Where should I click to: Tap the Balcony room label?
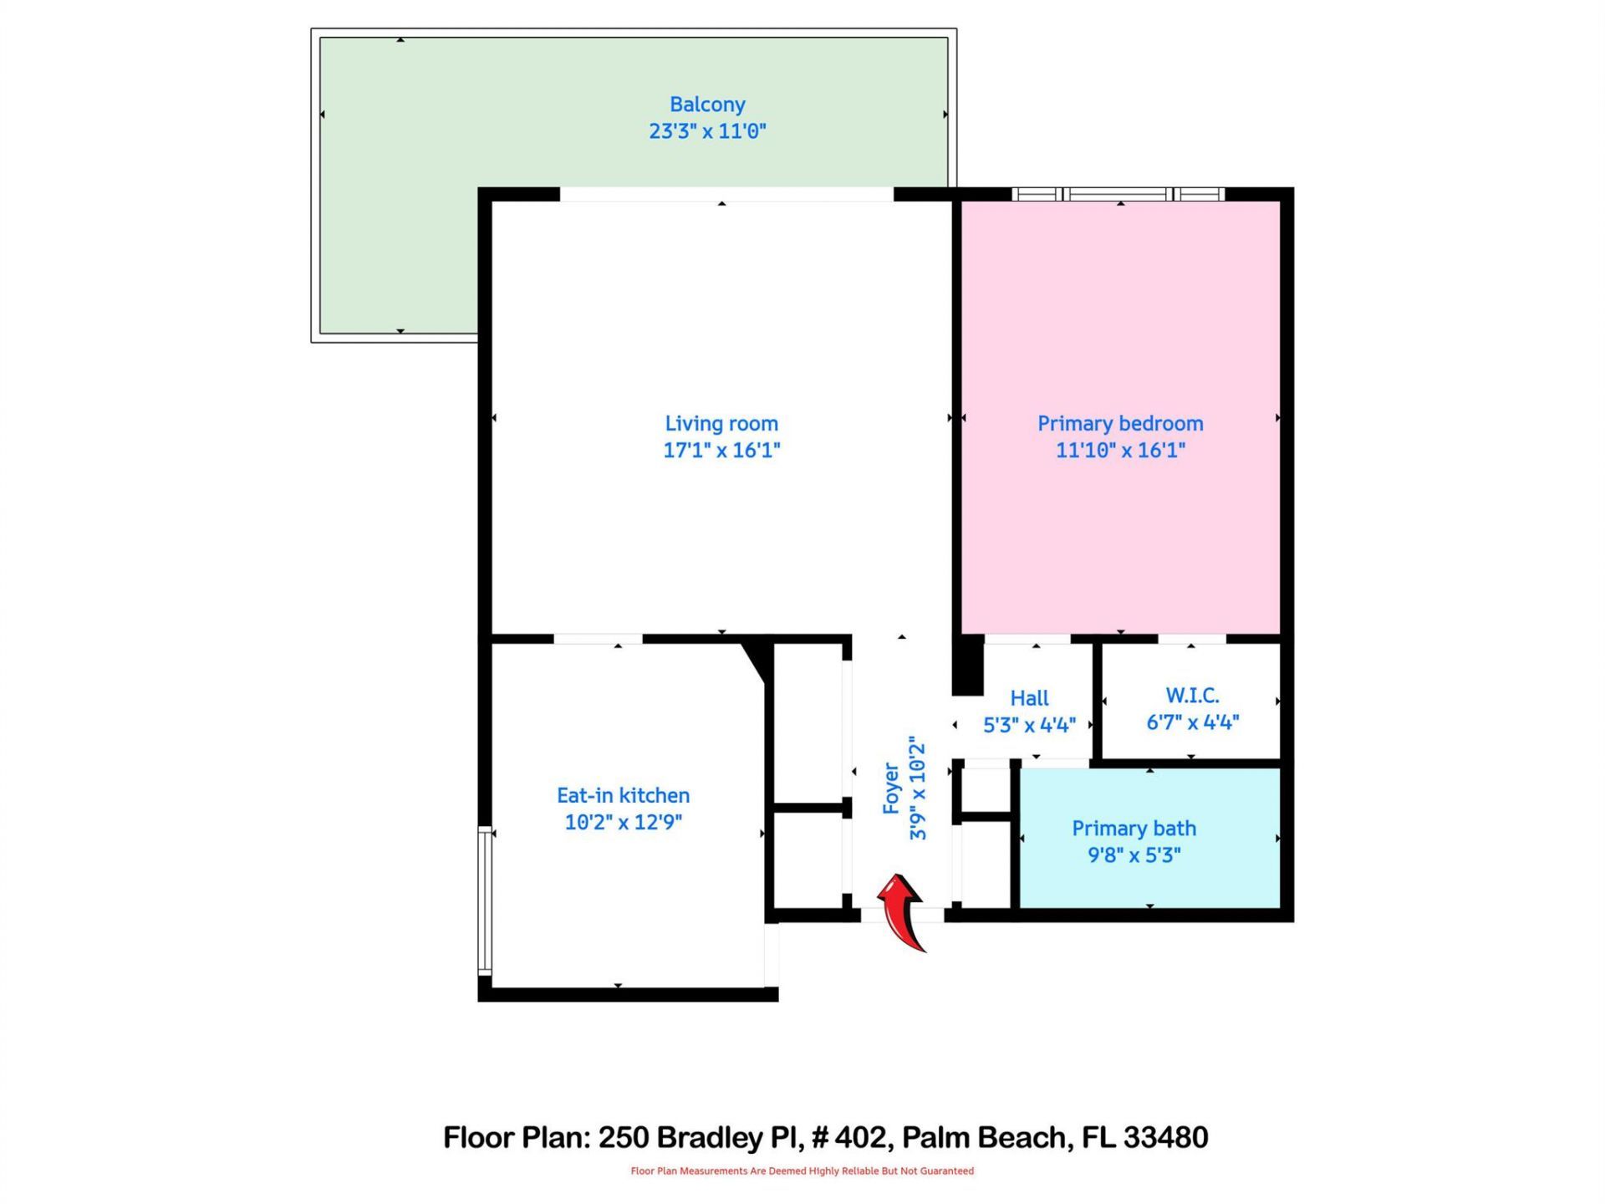click(x=707, y=105)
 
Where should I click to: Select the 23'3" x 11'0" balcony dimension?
click(x=707, y=131)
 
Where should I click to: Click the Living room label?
click(x=721, y=424)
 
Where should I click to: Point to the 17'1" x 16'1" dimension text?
click(x=721, y=451)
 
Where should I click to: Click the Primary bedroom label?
click(x=1120, y=424)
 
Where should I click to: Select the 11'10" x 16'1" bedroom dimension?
click(x=1120, y=451)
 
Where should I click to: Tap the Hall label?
click(x=1029, y=698)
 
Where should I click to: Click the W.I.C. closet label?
click(x=1192, y=696)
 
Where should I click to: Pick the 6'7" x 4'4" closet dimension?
click(x=1192, y=722)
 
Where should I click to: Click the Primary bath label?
click(x=1134, y=829)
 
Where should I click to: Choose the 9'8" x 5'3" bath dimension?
click(x=1134, y=855)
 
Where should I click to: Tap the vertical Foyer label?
click(x=891, y=788)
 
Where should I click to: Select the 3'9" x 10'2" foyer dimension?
click(x=918, y=788)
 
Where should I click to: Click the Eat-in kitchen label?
click(x=624, y=795)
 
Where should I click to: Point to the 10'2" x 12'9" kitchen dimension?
click(x=624, y=822)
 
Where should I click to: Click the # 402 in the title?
click(x=848, y=1138)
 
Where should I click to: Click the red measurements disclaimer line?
click(x=802, y=1171)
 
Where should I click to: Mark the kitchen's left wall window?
click(x=484, y=900)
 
